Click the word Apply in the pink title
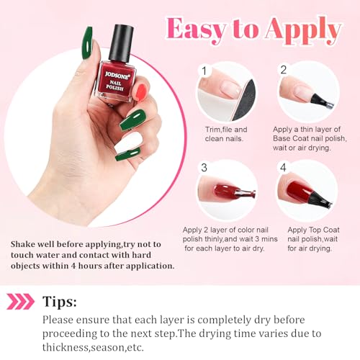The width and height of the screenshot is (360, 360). point(303,31)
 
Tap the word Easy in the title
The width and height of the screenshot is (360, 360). point(196,30)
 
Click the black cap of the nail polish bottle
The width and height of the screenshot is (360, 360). point(121,43)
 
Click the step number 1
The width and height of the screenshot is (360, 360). point(204,71)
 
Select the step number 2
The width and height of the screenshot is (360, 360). point(284,70)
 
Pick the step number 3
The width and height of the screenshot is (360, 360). point(204,167)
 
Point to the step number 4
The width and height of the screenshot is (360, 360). point(284,167)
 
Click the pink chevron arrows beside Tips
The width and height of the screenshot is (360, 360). point(20,301)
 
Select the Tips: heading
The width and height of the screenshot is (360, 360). point(60,302)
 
